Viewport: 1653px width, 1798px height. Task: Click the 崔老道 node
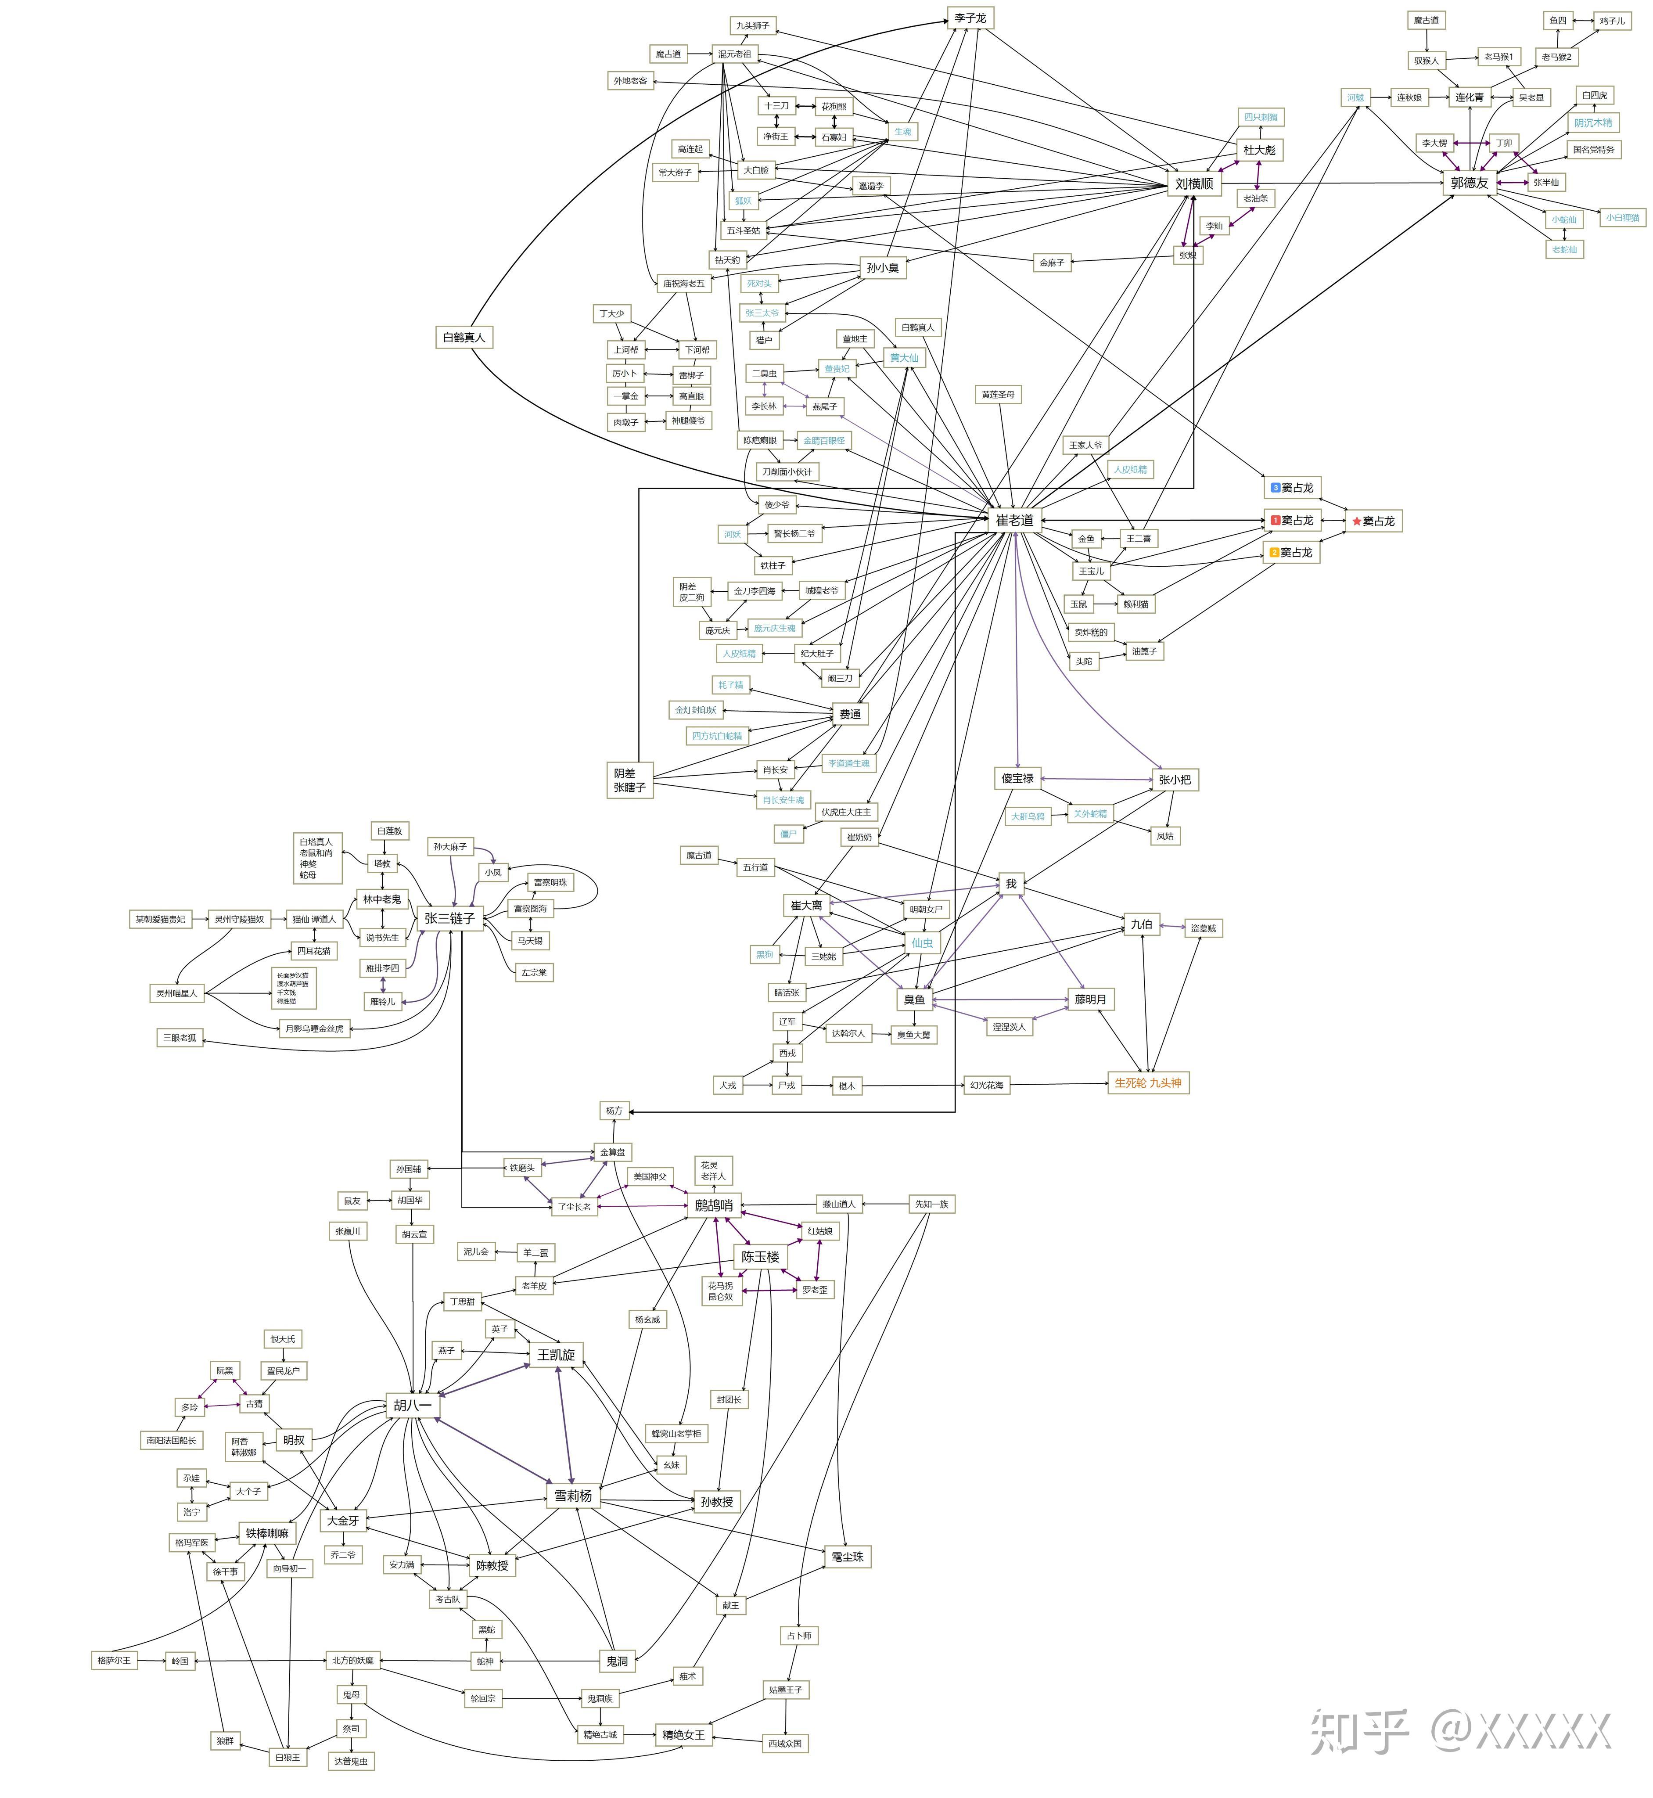click(x=1014, y=520)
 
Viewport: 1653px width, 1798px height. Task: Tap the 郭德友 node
click(x=1470, y=183)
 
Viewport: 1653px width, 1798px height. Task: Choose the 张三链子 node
click(x=449, y=918)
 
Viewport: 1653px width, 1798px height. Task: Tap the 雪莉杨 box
click(x=572, y=1496)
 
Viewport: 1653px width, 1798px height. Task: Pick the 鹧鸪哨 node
click(x=714, y=1205)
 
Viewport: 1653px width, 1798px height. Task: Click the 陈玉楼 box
click(x=760, y=1257)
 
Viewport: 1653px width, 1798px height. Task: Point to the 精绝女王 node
click(x=683, y=1734)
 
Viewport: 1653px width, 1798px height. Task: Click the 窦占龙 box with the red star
click(x=1375, y=521)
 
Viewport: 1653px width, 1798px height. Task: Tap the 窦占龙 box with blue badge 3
click(x=1293, y=488)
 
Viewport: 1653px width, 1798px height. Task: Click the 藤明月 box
click(x=1090, y=999)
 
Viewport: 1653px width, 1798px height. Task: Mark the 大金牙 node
click(x=343, y=1521)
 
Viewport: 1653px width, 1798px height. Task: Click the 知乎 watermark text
click(x=1360, y=1730)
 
